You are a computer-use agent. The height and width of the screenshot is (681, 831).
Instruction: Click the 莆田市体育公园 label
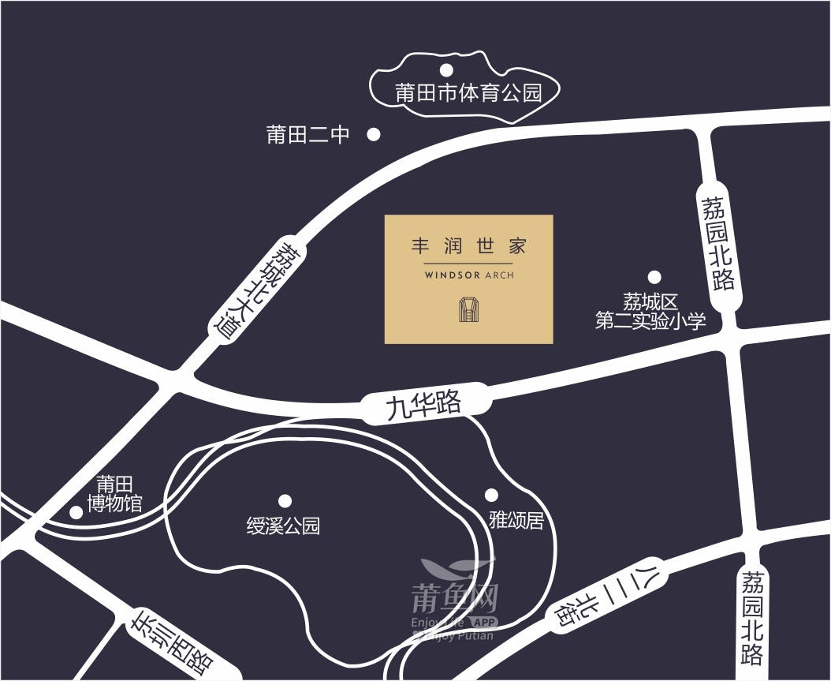coord(468,94)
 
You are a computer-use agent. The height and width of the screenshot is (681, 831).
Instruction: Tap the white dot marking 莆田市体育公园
coord(446,69)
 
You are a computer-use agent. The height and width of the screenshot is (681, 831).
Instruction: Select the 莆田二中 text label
coord(308,135)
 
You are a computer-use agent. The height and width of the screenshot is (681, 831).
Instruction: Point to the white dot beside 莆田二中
coord(374,135)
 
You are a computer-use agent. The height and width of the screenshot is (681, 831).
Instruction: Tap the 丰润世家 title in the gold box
coord(468,246)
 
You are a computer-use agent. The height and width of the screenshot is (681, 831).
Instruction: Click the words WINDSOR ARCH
coord(468,276)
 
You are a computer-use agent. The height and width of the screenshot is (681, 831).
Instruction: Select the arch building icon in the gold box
coord(469,310)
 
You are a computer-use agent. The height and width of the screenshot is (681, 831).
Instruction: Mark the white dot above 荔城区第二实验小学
coord(654,277)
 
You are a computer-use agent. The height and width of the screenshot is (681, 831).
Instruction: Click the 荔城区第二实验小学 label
coord(650,312)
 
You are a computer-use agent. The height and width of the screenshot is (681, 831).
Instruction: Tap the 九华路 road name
coord(423,405)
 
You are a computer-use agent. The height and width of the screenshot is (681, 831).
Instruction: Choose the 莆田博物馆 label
coord(115,493)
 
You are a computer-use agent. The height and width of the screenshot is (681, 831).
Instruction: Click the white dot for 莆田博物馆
coord(76,512)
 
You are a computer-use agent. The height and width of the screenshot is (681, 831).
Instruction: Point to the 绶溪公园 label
coord(283,526)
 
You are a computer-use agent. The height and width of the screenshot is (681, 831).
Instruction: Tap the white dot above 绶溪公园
coord(285,500)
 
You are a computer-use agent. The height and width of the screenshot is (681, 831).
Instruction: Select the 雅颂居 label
coord(516,520)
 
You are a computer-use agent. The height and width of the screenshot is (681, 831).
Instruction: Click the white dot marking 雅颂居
coord(491,495)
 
